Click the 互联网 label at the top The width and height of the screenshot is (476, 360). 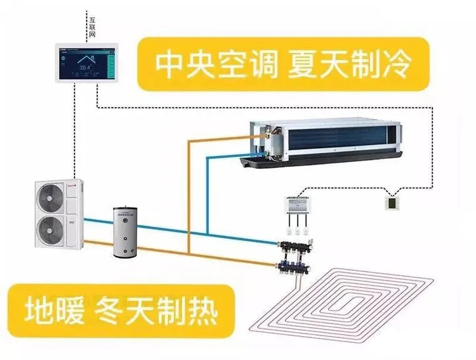click(92, 26)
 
